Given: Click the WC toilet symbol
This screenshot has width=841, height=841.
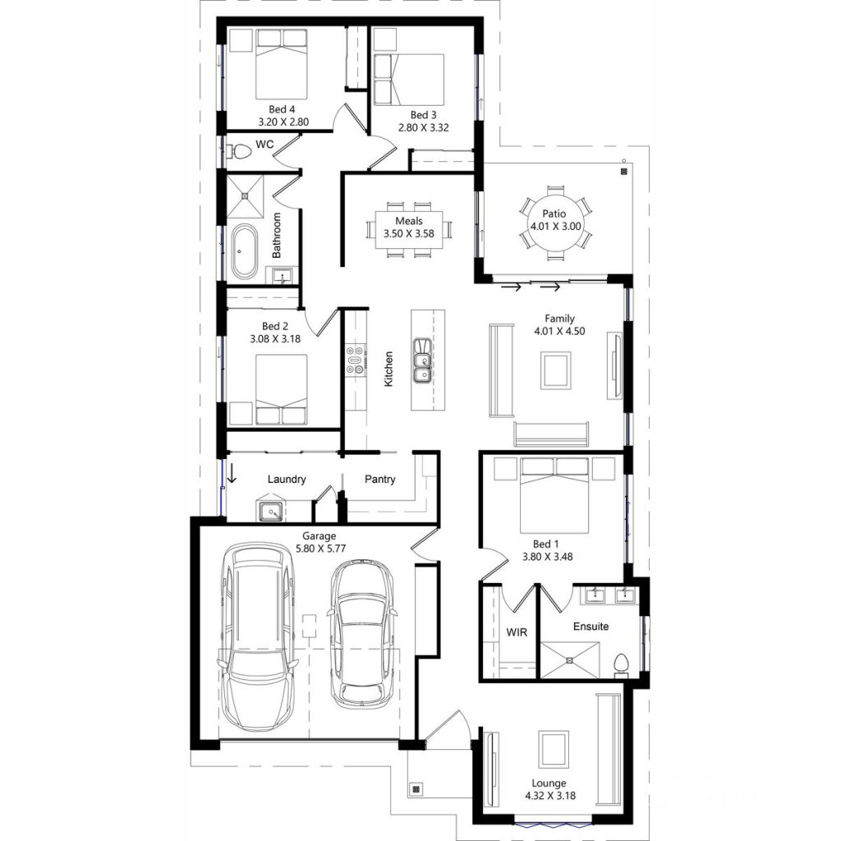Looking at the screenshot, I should (x=239, y=152).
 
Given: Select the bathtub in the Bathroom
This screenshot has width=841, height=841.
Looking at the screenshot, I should (x=244, y=252).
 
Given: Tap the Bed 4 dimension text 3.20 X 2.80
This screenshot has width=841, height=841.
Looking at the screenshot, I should (x=282, y=122).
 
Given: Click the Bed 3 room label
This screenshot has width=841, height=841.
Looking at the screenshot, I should (x=419, y=115).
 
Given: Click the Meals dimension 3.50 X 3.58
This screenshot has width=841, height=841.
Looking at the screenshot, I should (x=408, y=233).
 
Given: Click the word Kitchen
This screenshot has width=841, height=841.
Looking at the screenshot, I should (x=388, y=369).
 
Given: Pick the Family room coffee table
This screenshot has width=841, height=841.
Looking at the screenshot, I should (x=556, y=370).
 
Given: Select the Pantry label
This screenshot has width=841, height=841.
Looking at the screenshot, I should (x=379, y=480).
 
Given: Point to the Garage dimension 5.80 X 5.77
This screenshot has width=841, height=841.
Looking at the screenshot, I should (x=306, y=549).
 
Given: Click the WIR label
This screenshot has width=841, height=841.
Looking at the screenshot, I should (x=517, y=632).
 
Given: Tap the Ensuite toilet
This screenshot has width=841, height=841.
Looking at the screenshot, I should (x=622, y=662).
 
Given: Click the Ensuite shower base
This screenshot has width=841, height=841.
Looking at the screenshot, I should (x=579, y=659).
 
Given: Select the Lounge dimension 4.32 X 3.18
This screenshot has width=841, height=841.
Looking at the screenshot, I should (x=549, y=796).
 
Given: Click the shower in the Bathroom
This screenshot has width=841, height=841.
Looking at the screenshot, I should (x=246, y=194).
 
